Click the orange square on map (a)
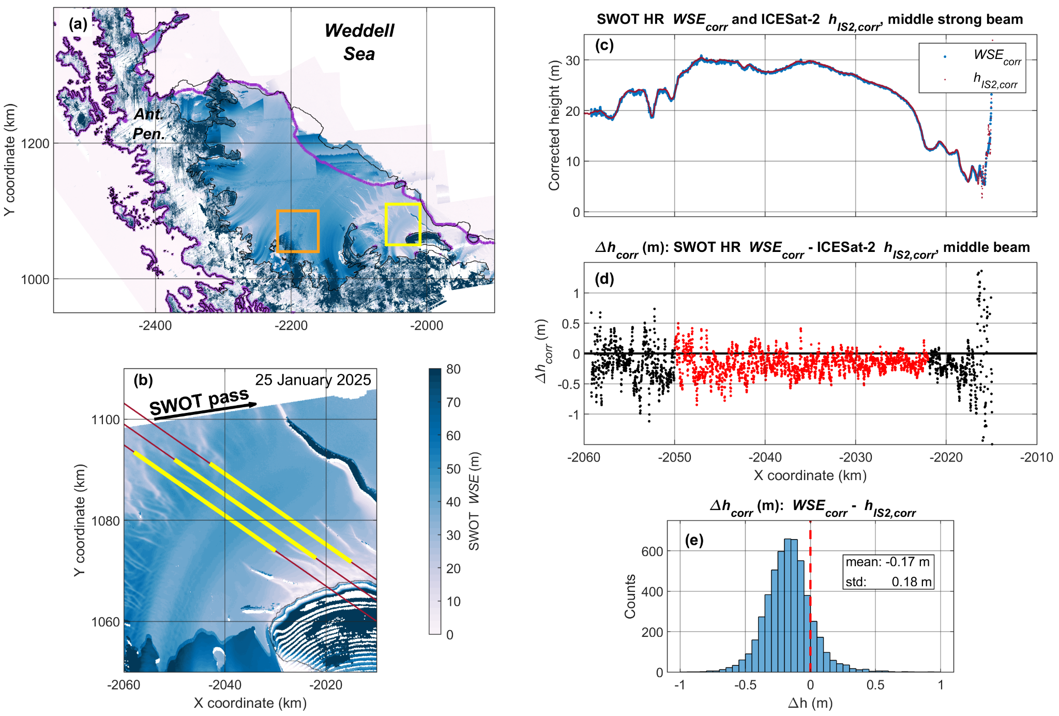[x=297, y=211]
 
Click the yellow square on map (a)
[x=402, y=204]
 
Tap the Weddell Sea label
[x=359, y=42]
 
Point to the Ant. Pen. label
[x=148, y=124]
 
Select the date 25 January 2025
[x=313, y=380]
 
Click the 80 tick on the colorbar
[x=453, y=369]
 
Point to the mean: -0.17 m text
[x=888, y=562]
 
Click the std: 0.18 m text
[x=888, y=582]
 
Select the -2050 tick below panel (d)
[x=674, y=457]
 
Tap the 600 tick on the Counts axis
[x=652, y=551]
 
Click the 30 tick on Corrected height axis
[x=572, y=61]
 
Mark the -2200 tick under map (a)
[x=291, y=325]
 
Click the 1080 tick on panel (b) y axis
[x=105, y=521]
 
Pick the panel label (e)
[x=694, y=540]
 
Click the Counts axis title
[x=630, y=596]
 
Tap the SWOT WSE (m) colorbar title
[x=475, y=501]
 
